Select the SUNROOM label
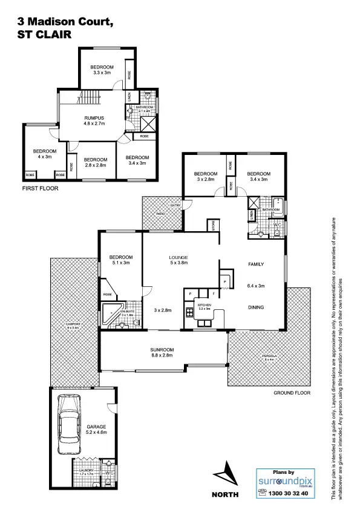pyautogui.click(x=162, y=350)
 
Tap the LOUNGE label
pyautogui.click(x=178, y=257)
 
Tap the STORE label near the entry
pyautogui.click(x=214, y=226)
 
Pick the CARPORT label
pyautogui.click(x=73, y=324)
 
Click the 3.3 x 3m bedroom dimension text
pyautogui.click(x=102, y=73)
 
